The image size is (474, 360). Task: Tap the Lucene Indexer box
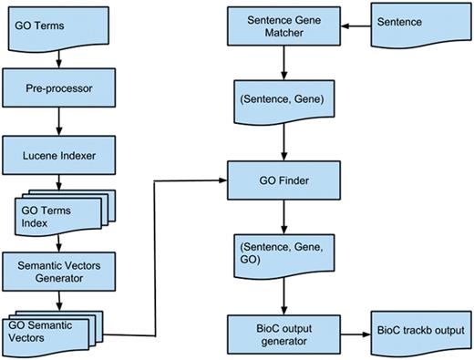click(x=58, y=156)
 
